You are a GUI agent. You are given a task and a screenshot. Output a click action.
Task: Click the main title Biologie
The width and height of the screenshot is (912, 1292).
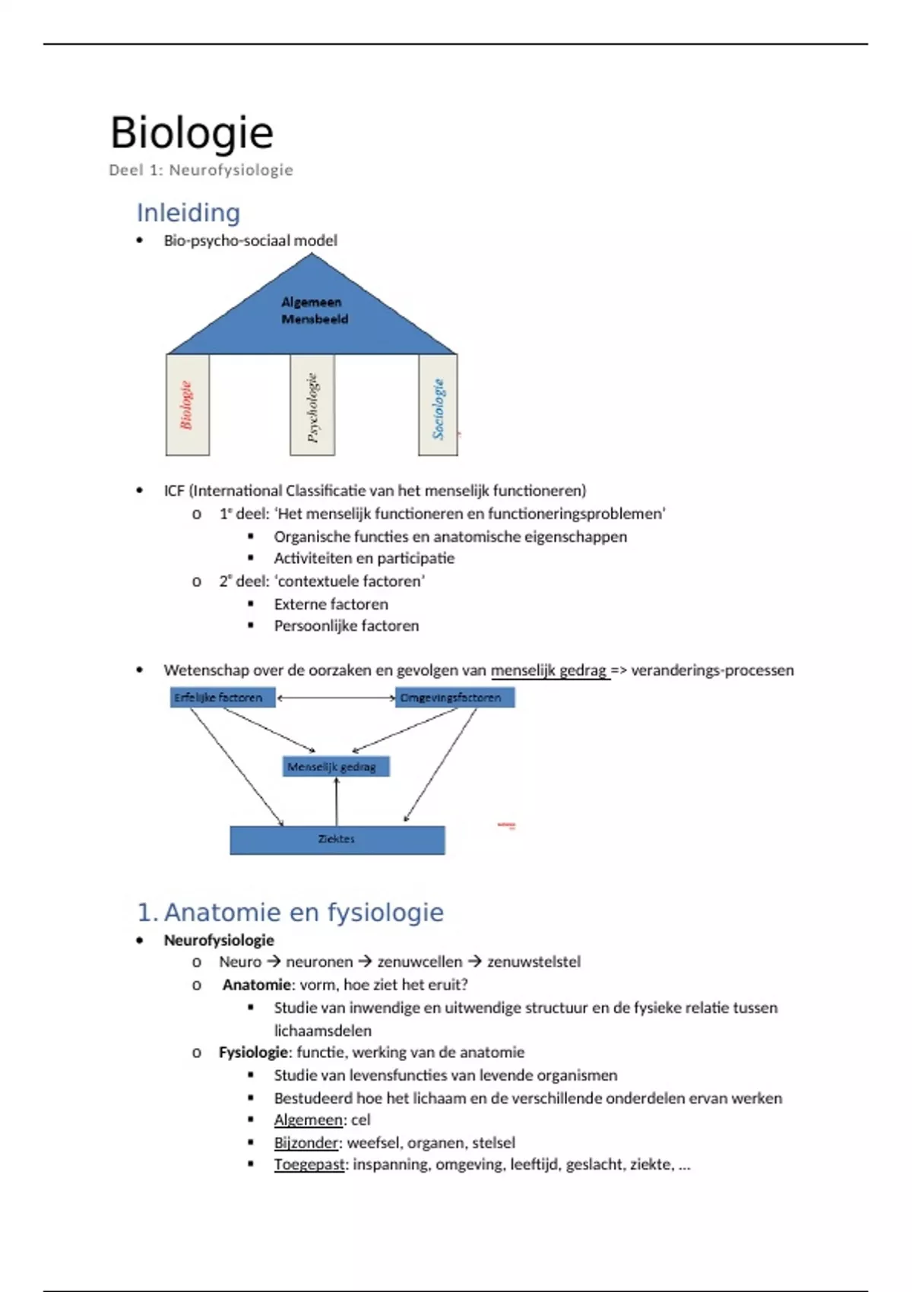[192, 133]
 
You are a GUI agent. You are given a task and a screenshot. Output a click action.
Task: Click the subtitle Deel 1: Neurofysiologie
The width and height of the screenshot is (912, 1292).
[201, 170]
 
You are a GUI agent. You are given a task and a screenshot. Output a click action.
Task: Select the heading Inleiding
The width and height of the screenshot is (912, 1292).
[188, 213]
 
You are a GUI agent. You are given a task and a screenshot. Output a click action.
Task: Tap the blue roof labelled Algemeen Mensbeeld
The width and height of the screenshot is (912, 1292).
[312, 312]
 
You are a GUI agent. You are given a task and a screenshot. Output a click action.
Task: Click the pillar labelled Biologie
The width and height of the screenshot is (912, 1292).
[187, 405]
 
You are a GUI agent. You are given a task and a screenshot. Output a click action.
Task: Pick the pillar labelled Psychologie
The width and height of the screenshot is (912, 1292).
[312, 405]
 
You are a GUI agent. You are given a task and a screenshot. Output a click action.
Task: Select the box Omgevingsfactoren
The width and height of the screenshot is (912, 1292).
[454, 698]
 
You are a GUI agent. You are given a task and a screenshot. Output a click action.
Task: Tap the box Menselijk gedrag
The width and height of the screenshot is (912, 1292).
[336, 767]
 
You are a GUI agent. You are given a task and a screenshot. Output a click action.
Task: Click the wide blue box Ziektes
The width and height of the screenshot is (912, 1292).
[337, 840]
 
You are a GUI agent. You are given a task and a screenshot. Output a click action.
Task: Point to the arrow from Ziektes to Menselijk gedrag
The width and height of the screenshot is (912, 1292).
[337, 802]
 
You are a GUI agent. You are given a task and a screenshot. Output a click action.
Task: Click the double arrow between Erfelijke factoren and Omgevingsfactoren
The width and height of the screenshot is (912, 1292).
[335, 698]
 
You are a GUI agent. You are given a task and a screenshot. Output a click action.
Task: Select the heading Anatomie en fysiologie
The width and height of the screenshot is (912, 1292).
[303, 912]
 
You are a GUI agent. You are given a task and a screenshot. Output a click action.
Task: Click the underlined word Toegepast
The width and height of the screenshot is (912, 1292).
[309, 1164]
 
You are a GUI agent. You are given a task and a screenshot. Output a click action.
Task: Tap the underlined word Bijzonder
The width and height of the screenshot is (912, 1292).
[306, 1142]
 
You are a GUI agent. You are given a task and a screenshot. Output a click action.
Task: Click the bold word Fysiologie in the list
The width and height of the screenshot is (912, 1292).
[253, 1053]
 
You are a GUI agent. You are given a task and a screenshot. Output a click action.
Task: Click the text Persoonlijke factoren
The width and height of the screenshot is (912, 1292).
[346, 626]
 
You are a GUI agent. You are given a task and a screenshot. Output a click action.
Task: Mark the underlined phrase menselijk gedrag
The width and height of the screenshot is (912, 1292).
[549, 670]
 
